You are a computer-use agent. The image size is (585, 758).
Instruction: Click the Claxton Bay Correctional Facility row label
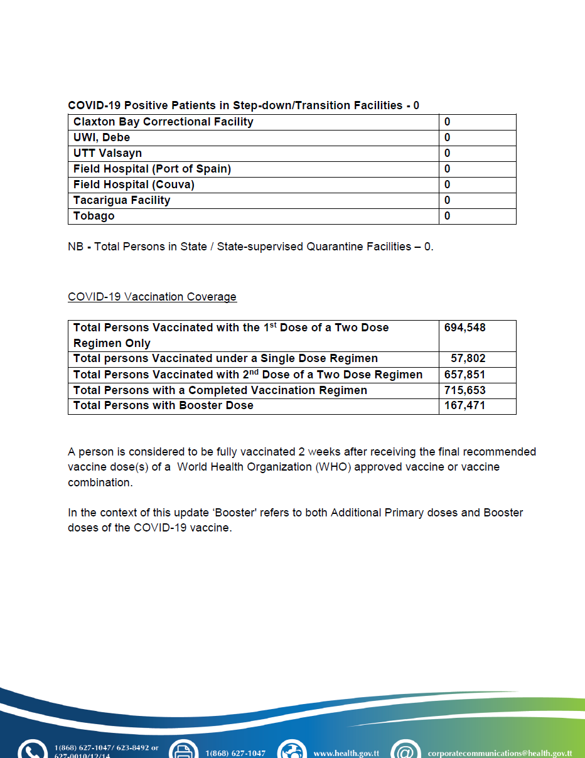[163, 122]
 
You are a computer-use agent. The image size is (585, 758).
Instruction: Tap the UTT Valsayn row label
[107, 153]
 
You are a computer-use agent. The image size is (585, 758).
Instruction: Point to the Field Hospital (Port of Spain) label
[152, 169]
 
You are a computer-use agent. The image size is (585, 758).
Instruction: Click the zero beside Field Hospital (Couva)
[447, 184]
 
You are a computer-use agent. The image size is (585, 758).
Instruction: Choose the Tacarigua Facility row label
[122, 200]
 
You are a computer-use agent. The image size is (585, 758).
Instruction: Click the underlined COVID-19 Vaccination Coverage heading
[152, 297]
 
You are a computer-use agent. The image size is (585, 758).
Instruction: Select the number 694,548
[464, 328]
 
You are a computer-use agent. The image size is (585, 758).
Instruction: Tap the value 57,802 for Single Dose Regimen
[468, 359]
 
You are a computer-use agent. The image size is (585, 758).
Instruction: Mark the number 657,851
[464, 375]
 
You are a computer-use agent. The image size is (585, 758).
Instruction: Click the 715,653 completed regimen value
[464, 390]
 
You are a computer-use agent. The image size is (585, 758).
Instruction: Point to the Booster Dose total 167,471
[464, 405]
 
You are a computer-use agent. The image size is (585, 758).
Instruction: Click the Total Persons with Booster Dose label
[163, 405]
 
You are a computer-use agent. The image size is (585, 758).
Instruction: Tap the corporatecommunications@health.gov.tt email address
[500, 753]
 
